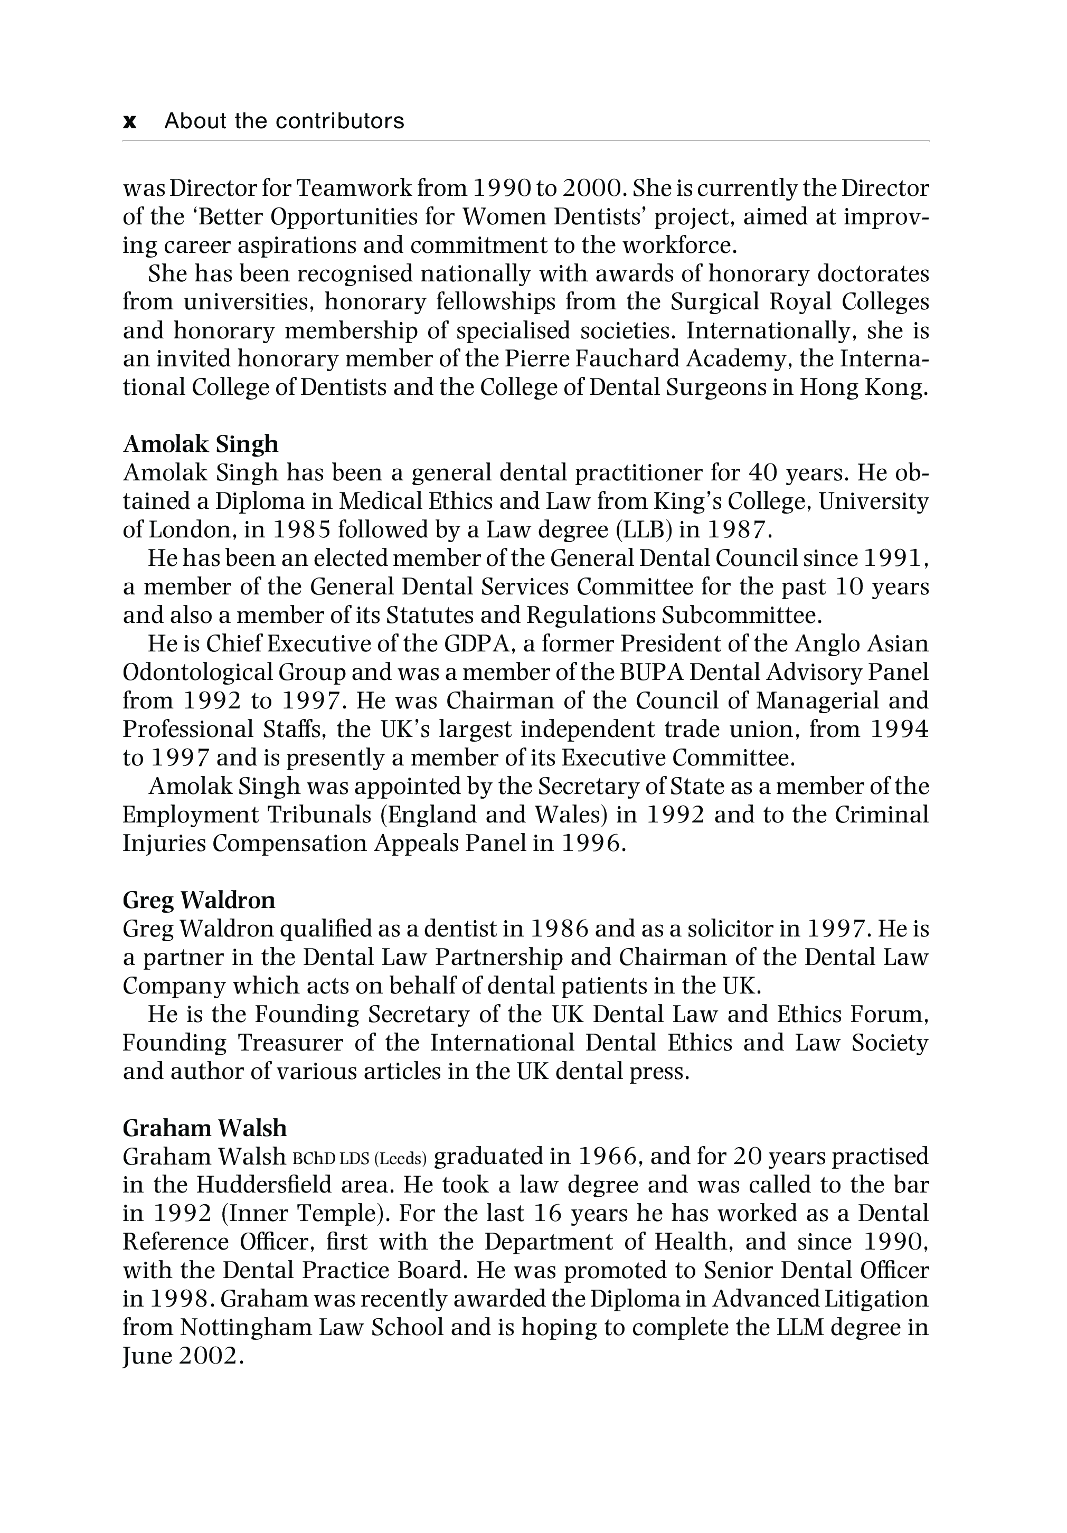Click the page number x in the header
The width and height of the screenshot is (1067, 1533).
[x=130, y=121]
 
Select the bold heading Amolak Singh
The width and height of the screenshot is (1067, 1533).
[x=200, y=443]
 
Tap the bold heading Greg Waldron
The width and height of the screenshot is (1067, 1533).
[x=199, y=900]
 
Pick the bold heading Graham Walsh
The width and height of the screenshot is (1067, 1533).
[x=204, y=1128]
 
